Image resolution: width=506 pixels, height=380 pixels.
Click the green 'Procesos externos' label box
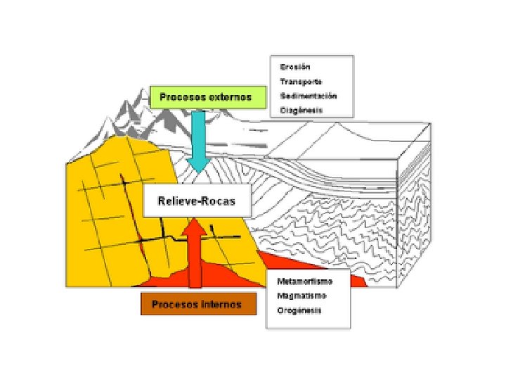click(209, 97)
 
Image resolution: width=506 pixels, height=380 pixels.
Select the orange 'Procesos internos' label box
click(197, 305)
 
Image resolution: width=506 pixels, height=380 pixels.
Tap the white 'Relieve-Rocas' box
click(197, 201)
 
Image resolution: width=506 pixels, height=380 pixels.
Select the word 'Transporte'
click(300, 81)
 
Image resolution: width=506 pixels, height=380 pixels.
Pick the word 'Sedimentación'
click(308, 95)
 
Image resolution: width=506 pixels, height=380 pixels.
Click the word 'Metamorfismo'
click(304, 281)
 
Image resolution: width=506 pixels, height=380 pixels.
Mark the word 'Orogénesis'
click(299, 310)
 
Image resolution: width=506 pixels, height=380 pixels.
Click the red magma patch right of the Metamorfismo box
click(358, 281)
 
